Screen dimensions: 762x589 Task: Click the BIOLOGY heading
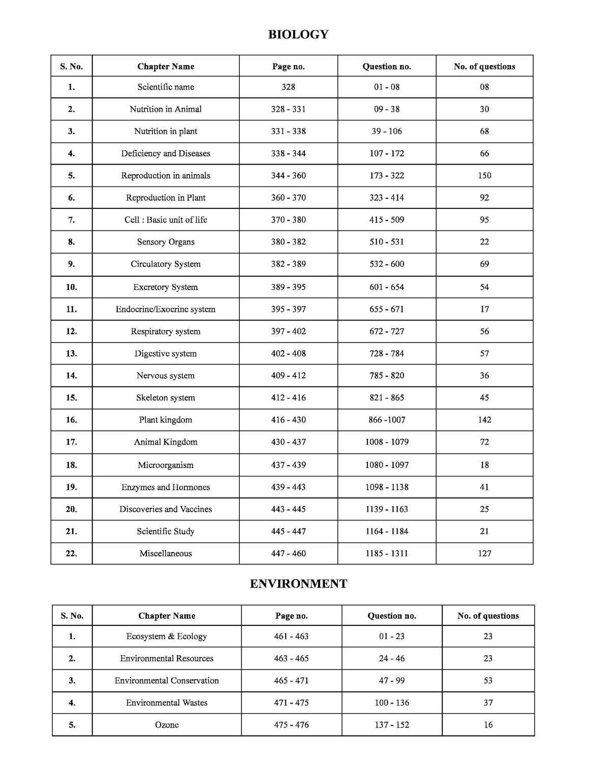coord(298,35)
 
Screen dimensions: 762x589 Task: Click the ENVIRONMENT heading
coord(298,584)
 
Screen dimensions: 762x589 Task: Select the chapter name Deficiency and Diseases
coord(166,153)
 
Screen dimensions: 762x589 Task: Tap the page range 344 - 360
coord(288,175)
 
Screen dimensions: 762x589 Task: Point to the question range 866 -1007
coord(387,420)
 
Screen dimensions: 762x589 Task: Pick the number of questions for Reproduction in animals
coord(484,175)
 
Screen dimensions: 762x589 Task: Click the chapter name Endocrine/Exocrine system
coord(166,309)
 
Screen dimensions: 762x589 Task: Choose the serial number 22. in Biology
coord(71,553)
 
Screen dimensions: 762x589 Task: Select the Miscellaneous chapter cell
coord(166,553)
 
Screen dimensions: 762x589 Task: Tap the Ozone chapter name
coord(167,725)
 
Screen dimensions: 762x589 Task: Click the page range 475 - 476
coord(291,725)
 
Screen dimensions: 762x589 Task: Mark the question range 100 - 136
coord(392,703)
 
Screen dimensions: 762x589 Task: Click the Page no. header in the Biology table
coord(288,67)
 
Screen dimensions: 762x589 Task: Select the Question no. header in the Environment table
coord(392,616)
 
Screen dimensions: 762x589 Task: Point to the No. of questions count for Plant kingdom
coord(484,420)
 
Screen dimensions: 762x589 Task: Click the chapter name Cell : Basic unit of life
coord(166,219)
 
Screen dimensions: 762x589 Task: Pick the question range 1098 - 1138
coord(387,487)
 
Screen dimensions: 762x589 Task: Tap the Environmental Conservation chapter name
coord(167,680)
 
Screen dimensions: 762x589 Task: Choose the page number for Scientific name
coord(288,87)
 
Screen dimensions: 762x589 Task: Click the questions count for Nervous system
coord(484,375)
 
